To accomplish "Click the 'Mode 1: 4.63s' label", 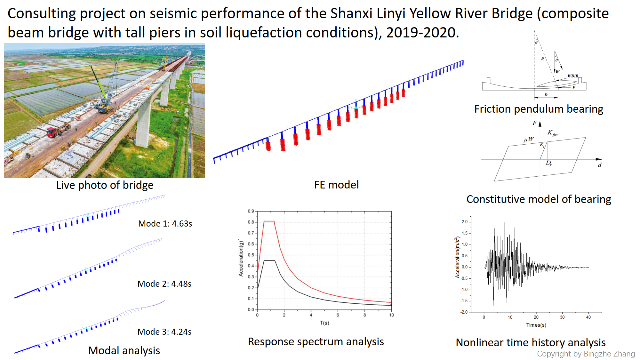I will [x=165, y=224].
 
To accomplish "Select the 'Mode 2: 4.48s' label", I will [x=164, y=284].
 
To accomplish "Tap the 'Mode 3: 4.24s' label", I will [x=164, y=332].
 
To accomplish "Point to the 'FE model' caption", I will [x=336, y=185].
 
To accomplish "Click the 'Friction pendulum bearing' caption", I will [x=539, y=109].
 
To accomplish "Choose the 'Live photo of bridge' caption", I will [x=105, y=185].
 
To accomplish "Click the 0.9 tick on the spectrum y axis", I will [x=251, y=211].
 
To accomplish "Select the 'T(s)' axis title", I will [x=324, y=323].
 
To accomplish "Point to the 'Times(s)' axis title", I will [x=536, y=325].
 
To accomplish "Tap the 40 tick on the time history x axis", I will [x=588, y=317].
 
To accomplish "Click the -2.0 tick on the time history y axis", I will [x=464, y=312].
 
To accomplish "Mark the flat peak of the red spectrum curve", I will [x=269, y=221].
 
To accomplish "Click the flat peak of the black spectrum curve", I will [x=269, y=260].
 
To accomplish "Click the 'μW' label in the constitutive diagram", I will [x=529, y=140].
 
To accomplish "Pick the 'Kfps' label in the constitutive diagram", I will [x=552, y=133].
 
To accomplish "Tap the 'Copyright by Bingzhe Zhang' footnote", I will [x=586, y=354].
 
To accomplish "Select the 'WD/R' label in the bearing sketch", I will [x=573, y=76].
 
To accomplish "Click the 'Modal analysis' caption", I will [x=124, y=351].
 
